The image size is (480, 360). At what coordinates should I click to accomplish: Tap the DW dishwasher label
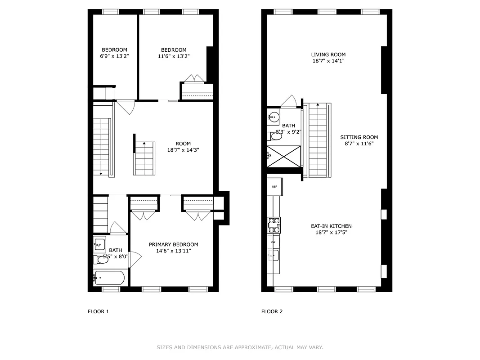[x=273, y=242]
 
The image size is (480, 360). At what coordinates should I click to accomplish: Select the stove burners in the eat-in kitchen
[x=274, y=225]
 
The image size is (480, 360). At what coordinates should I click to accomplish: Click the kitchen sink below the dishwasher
[x=273, y=256]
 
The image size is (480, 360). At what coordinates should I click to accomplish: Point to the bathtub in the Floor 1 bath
[x=109, y=278]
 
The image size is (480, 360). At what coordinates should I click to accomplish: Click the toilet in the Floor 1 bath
[x=101, y=259]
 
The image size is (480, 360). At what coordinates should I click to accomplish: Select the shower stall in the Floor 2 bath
[x=283, y=156]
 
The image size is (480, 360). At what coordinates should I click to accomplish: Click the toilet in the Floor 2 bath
[x=275, y=136]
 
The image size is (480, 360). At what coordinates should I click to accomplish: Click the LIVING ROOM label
[x=328, y=54]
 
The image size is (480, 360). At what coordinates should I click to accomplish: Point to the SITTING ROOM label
[x=359, y=137]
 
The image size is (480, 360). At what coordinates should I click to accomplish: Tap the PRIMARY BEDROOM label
[x=173, y=244]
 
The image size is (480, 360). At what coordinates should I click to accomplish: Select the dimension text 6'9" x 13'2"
[x=114, y=56]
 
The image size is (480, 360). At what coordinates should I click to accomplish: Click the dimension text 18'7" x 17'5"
[x=331, y=233]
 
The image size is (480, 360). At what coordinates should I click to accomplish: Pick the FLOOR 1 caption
[x=98, y=311]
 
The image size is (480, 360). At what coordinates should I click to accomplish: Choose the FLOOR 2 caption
[x=272, y=311]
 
